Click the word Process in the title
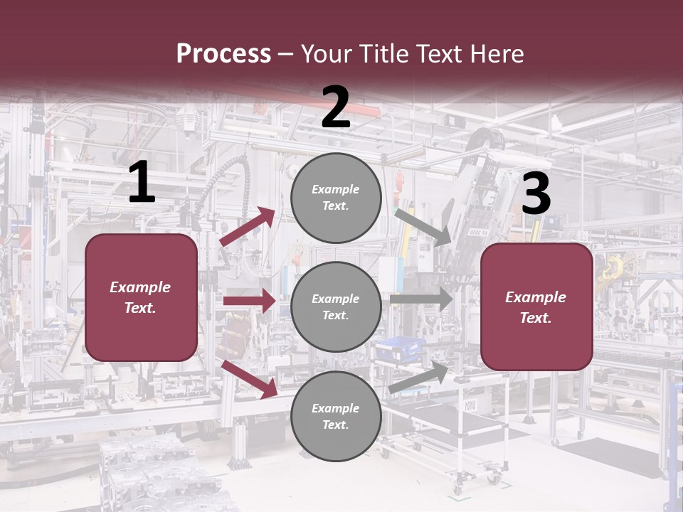coord(223,53)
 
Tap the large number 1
coord(142,183)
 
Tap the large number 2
coord(336,107)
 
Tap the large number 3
coord(536,194)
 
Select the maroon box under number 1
coord(141,297)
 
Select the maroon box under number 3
coord(536,307)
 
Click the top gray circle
coord(336,198)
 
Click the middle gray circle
coord(336,306)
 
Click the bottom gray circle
coord(336,416)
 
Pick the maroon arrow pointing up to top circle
coord(248,227)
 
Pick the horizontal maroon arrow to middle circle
coord(248,301)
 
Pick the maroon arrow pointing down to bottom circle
coord(249,379)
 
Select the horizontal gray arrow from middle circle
coord(420,299)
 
